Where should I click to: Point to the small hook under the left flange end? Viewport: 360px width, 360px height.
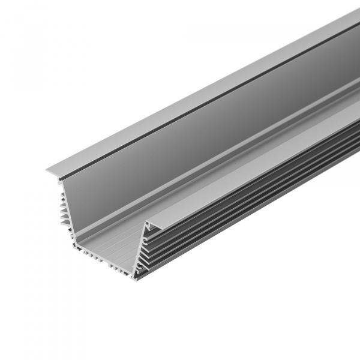click(60, 181)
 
